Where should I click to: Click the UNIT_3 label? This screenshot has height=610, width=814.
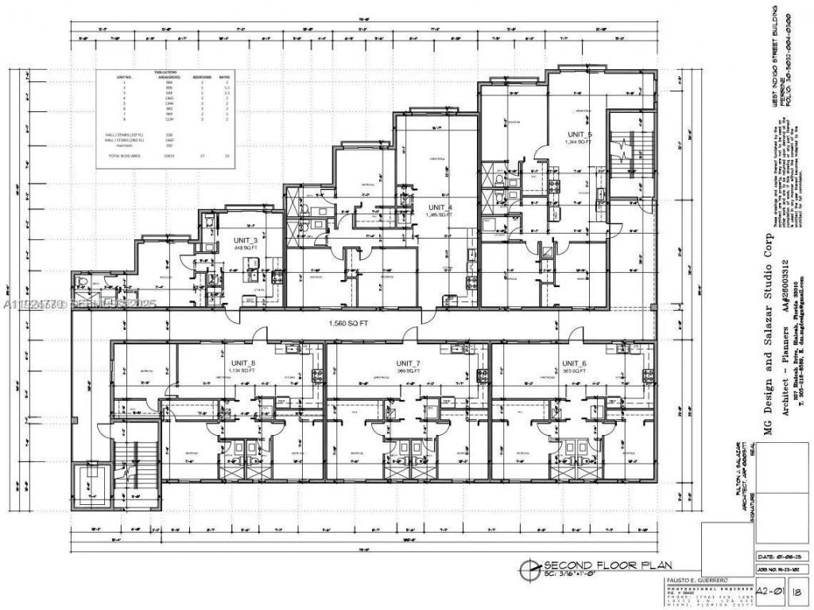(x=245, y=239)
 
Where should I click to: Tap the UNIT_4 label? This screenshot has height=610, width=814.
(x=439, y=208)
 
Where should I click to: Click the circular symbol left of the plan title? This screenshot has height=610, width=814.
(x=527, y=567)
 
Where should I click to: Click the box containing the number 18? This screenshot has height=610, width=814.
(x=798, y=591)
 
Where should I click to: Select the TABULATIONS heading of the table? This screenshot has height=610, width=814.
(x=165, y=72)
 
